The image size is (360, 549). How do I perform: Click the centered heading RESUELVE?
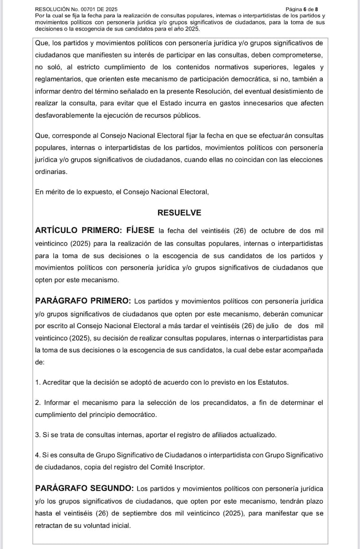pyautogui.click(x=179, y=213)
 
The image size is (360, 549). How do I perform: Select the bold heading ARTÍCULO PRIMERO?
pyautogui.click(x=78, y=231)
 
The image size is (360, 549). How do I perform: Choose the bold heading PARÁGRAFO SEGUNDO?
pyautogui.click(x=84, y=488)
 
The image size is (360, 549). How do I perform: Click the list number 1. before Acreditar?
pyautogui.click(x=38, y=383)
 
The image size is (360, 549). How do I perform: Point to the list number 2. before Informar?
pyautogui.click(x=38, y=403)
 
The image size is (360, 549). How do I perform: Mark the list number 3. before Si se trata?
pyautogui.click(x=38, y=435)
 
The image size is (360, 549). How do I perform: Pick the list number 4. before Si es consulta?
pyautogui.click(x=38, y=455)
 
